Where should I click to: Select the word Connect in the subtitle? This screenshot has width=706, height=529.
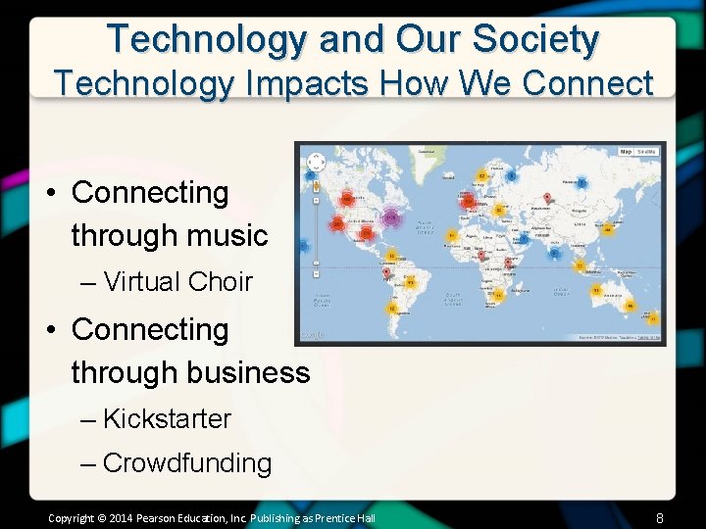587,83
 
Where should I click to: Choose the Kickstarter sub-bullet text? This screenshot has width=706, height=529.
167,419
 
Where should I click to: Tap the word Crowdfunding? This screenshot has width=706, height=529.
186,462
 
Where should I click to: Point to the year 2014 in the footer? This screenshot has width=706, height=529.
120,517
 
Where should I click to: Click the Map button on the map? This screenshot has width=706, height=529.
626,152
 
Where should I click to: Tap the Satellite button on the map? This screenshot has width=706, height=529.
647,152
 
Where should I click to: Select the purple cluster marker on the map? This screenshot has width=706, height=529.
392,216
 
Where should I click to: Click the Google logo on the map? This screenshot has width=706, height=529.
312,335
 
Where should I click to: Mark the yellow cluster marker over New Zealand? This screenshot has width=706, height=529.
653,318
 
